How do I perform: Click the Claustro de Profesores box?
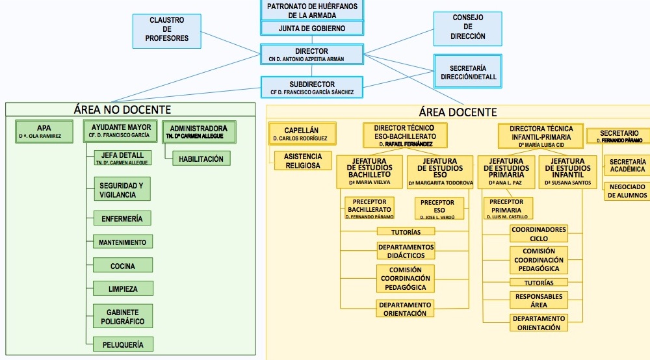pos(167,30)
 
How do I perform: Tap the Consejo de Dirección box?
pos(468,28)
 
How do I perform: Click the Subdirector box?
pos(312,88)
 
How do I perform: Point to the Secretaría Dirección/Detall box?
pos(468,72)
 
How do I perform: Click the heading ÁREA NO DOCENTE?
pos(123,110)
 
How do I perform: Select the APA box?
pos(44,131)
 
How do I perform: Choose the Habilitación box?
pos(201,159)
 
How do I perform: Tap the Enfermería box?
pos(122,218)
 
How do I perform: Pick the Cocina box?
pos(122,266)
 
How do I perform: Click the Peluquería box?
pos(122,344)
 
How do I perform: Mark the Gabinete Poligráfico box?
pos(122,317)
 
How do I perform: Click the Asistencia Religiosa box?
pos(303,161)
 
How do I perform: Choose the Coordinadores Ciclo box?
pos(539,234)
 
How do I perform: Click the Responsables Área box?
pos(539,300)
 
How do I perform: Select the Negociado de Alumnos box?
pos(627,191)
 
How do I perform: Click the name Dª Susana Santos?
pos(567,183)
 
